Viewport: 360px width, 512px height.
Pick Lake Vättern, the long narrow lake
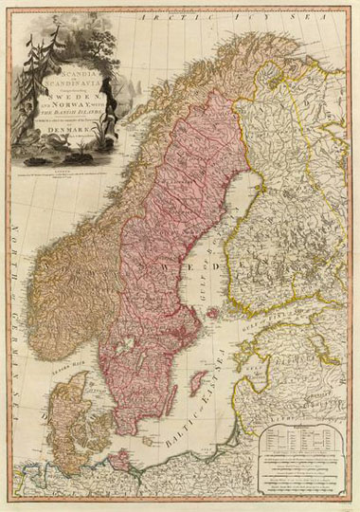pos(138,358)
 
